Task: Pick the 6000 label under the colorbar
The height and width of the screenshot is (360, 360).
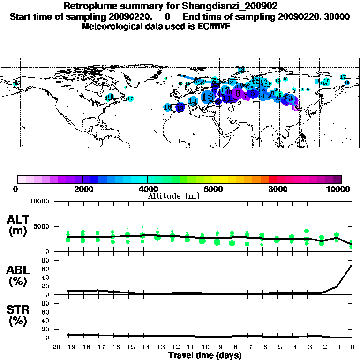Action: pyautogui.click(x=212, y=189)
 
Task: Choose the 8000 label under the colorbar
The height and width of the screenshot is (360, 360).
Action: pyautogui.click(x=277, y=189)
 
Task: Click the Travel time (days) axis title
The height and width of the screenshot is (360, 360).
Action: pyautogui.click(x=205, y=355)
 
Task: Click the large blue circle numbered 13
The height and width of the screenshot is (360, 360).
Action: pyautogui.click(x=208, y=97)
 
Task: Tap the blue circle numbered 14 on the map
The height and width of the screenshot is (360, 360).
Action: pyautogui.click(x=193, y=101)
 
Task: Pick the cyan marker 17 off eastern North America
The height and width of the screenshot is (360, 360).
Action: pyautogui.click(x=131, y=98)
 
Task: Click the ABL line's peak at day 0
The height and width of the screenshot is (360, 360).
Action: pyautogui.click(x=352, y=265)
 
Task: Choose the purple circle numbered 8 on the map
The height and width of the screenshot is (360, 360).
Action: pyautogui.click(x=238, y=94)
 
